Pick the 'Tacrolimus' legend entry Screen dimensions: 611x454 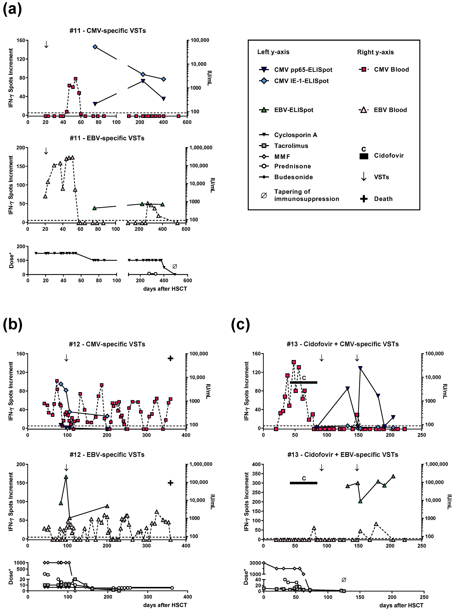[x=291, y=146]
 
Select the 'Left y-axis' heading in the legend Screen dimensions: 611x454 [x=273, y=52]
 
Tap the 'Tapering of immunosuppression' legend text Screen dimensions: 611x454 [x=306, y=195]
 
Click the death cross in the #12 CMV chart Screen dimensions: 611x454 [x=170, y=358]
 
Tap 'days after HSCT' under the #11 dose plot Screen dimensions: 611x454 [x=165, y=289]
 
